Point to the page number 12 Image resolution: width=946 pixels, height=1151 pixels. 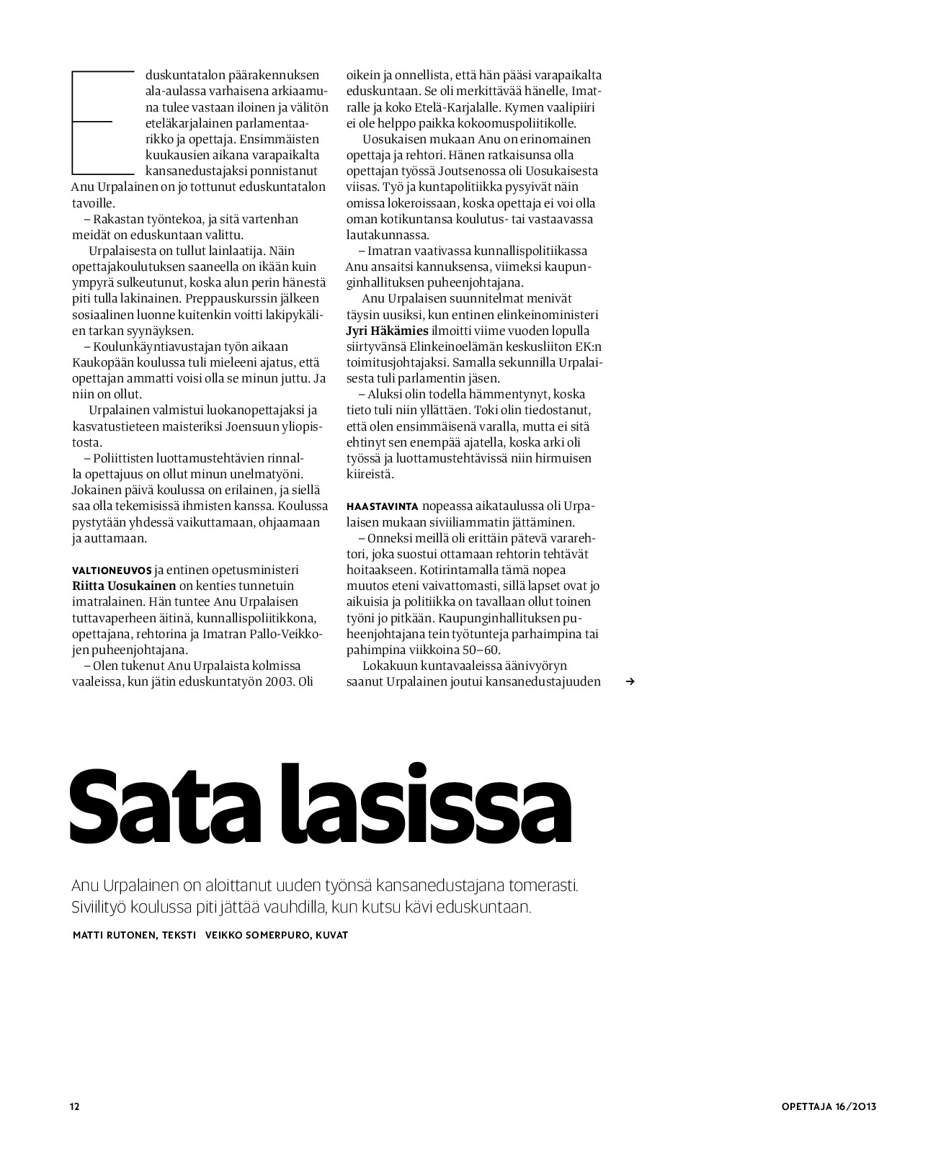74,1106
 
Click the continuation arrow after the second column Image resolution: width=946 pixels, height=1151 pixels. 630,681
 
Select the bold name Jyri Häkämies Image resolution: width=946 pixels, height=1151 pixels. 388,331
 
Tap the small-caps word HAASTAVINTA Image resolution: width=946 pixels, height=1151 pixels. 383,506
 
